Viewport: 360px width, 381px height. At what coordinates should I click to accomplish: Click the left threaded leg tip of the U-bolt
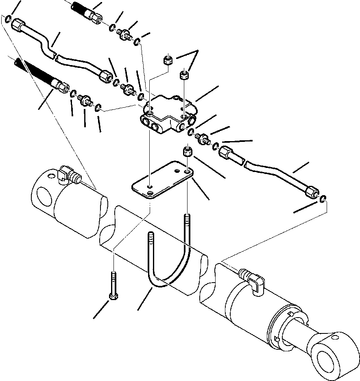click(x=151, y=238)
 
